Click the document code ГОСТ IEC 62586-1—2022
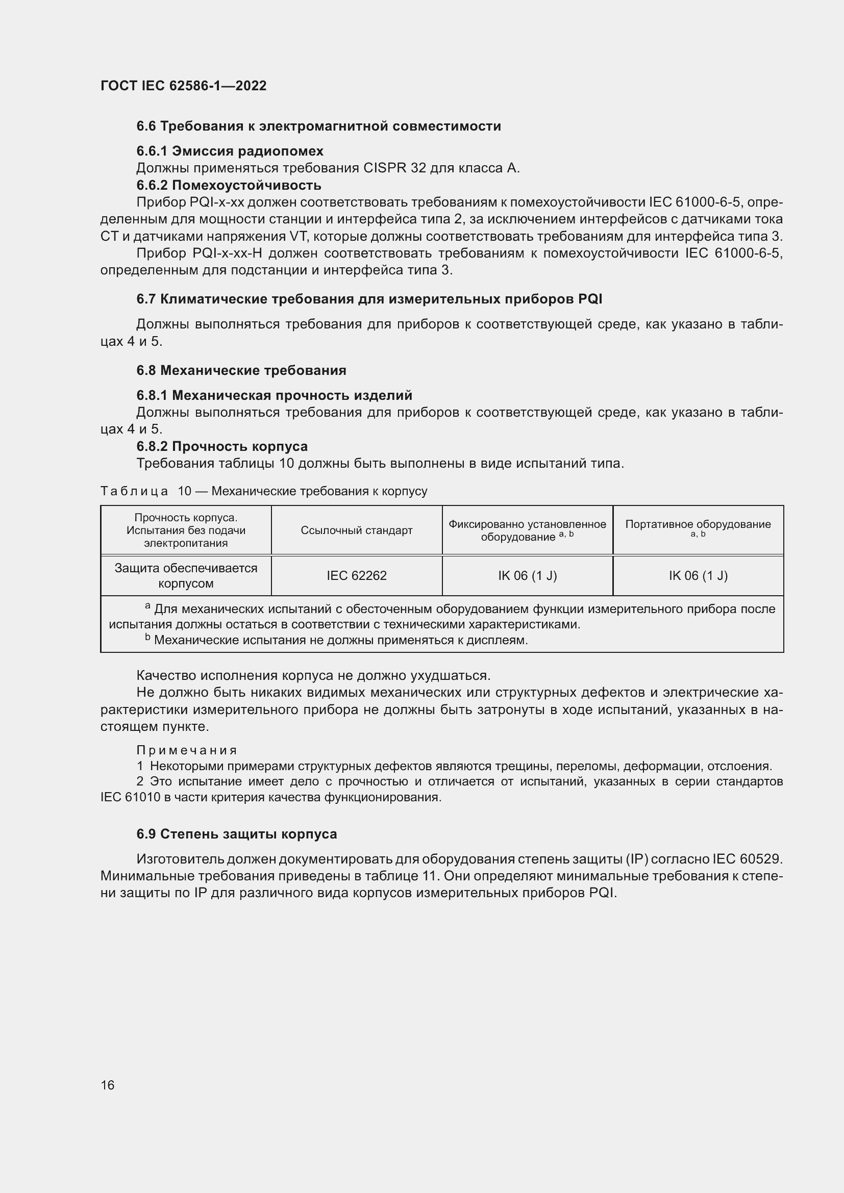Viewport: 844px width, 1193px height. [x=184, y=86]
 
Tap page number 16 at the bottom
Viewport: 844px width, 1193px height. [x=108, y=1085]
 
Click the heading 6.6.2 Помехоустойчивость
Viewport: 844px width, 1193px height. [x=229, y=185]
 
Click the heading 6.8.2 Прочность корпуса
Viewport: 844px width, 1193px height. [x=222, y=446]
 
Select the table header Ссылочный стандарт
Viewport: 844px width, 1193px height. [x=357, y=530]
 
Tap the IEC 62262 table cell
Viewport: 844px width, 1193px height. [x=357, y=576]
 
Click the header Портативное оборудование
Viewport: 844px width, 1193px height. [x=698, y=525]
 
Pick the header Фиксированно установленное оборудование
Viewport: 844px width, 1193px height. [x=527, y=530]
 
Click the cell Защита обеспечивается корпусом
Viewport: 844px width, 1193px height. [x=186, y=576]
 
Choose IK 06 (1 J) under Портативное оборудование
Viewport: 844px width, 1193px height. [x=698, y=576]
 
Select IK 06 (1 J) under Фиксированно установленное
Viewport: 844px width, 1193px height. [x=527, y=576]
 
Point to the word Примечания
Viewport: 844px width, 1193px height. [x=187, y=750]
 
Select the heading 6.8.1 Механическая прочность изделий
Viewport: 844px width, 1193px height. [x=274, y=395]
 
